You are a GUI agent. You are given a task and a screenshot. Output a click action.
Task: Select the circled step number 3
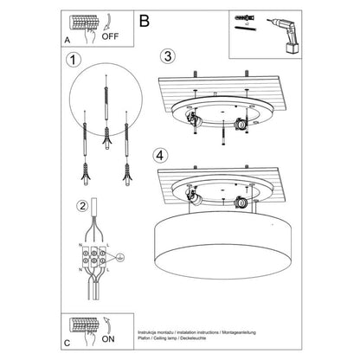coord(170,58)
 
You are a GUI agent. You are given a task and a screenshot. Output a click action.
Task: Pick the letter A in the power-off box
coord(68,41)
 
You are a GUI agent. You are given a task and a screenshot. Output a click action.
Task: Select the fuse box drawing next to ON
coord(86,325)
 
